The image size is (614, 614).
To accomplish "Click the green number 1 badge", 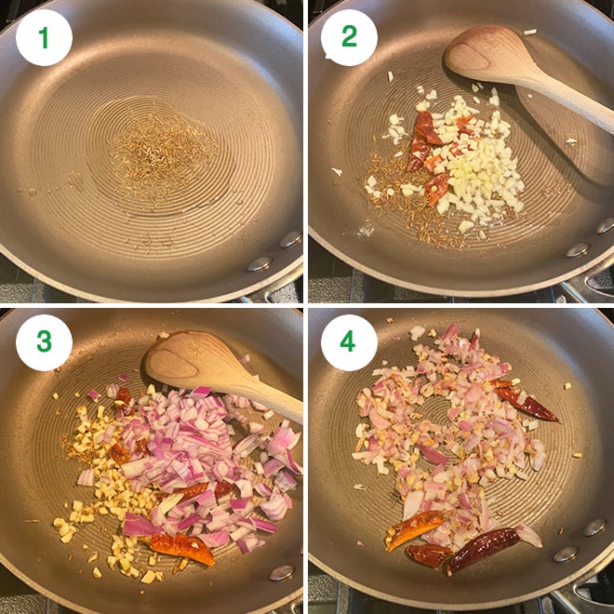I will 43,38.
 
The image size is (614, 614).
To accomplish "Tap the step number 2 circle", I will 349,38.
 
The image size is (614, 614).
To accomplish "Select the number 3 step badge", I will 43,343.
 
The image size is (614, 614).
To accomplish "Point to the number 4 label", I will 349,343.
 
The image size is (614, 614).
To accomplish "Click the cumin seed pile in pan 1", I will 160,153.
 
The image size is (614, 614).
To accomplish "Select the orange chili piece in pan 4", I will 414,529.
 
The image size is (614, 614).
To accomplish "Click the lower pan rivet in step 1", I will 258,264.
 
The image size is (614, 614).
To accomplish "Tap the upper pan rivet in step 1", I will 290,239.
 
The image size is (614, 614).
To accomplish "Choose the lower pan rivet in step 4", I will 566,554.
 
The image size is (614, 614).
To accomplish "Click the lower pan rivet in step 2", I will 577,249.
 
